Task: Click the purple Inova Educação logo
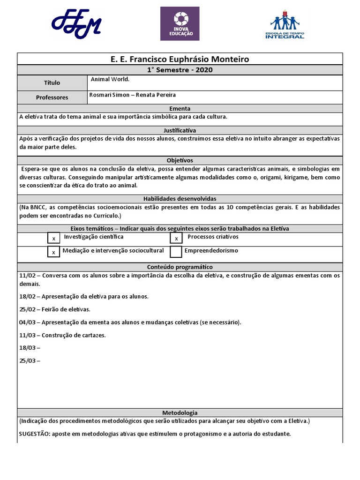(180, 23)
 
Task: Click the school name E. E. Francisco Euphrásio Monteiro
(180, 59)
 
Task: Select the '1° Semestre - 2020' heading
(180, 70)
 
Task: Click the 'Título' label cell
(52, 83)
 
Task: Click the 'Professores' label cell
(52, 97)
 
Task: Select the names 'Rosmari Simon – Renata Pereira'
(132, 95)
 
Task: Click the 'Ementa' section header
(180, 108)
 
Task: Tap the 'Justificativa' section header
(180, 130)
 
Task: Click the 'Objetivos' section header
(180, 160)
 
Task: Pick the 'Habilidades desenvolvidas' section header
(180, 199)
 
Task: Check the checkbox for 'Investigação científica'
(54, 239)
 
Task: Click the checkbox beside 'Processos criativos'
(176, 239)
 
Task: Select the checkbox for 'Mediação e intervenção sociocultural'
(54, 252)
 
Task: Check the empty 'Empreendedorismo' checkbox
(176, 252)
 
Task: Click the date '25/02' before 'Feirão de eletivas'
(27, 309)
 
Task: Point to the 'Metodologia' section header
(180, 413)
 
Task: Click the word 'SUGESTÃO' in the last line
(34, 434)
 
